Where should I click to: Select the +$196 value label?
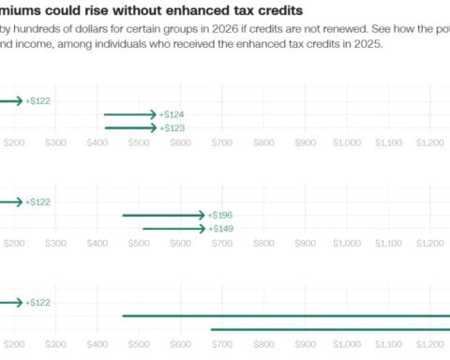[x=220, y=216]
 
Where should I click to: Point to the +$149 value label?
[x=220, y=229]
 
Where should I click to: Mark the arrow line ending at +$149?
[x=172, y=229]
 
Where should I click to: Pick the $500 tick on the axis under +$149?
[x=139, y=243]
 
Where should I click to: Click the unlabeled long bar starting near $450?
[x=281, y=316]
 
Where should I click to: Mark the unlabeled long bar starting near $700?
[x=328, y=329]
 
